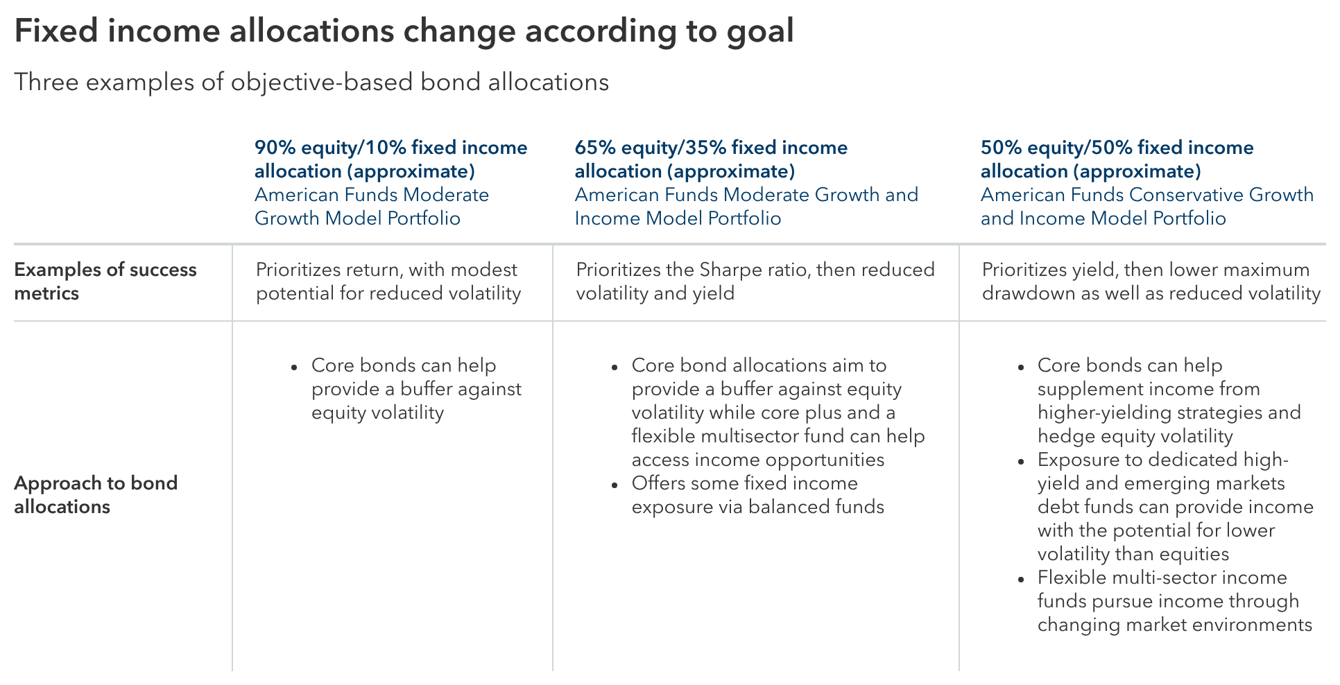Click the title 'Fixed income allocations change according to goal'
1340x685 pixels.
tap(404, 32)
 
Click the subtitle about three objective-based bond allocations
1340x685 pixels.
tap(311, 83)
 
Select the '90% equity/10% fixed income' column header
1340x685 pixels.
tap(390, 159)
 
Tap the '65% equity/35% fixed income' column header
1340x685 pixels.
tap(711, 159)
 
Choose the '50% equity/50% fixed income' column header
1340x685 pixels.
tap(1117, 159)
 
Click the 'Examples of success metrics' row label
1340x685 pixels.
tap(105, 281)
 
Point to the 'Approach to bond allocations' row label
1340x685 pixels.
tap(96, 495)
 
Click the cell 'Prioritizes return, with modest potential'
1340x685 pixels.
tap(388, 281)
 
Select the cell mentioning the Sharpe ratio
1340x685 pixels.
tap(755, 281)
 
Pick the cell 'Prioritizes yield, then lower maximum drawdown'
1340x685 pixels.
tap(1150, 281)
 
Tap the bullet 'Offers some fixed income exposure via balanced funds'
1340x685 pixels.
tap(757, 495)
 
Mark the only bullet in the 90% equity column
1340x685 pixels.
tap(415, 389)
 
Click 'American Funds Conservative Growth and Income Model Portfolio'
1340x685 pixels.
tap(1146, 207)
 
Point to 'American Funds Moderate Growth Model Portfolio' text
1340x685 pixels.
tap(371, 207)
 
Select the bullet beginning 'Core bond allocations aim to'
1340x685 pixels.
tap(777, 413)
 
